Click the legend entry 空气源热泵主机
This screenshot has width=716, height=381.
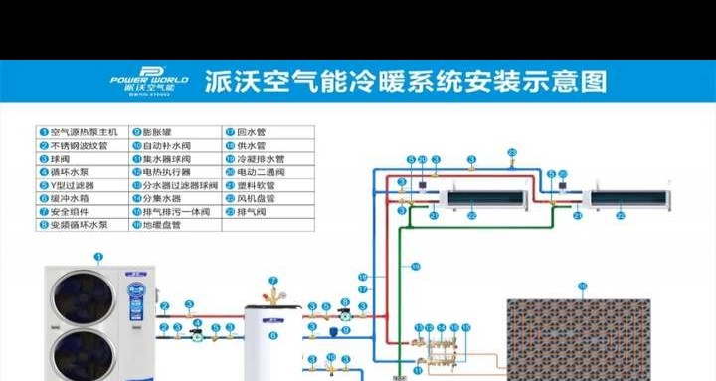pos(80,131)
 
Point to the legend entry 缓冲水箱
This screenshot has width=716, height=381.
pos(70,198)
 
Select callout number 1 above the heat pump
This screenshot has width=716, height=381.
pos(98,257)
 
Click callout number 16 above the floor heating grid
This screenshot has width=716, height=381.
pos(583,286)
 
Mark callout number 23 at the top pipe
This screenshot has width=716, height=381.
pos(512,151)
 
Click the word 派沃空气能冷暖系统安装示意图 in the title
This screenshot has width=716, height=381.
pos(404,81)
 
